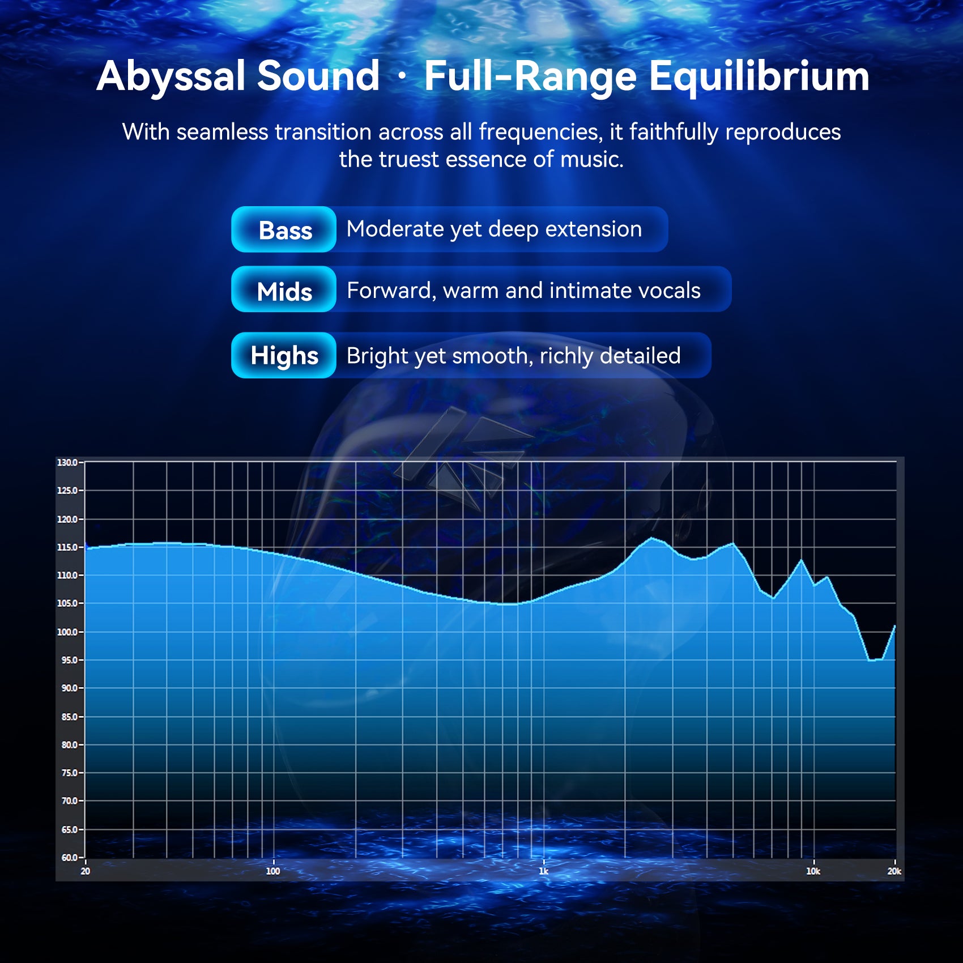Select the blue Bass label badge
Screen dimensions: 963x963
point(284,229)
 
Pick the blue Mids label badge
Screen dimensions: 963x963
point(284,289)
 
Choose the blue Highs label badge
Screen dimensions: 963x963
point(284,356)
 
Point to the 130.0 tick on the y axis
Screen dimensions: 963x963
point(67,463)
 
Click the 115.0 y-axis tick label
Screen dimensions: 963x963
point(67,547)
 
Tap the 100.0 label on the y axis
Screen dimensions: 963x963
point(67,632)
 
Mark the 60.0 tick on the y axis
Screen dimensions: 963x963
point(69,858)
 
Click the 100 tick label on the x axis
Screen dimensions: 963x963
point(273,871)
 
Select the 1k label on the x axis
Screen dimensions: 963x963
point(543,871)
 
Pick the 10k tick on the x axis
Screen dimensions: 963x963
point(813,871)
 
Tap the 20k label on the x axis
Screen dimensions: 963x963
point(894,871)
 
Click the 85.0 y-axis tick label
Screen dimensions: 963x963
point(69,717)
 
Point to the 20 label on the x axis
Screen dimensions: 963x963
point(86,871)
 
